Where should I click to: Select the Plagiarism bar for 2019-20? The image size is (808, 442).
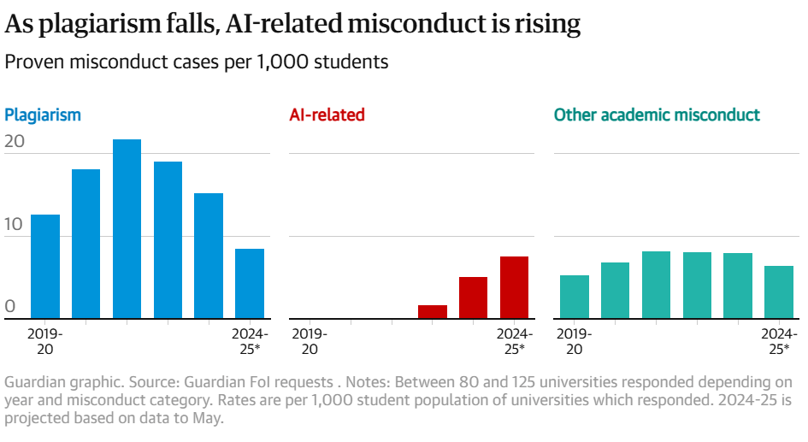point(45,267)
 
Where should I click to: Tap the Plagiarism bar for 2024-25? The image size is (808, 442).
point(250,284)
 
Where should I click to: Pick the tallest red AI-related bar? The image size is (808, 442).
point(514,288)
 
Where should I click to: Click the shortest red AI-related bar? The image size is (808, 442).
point(432,312)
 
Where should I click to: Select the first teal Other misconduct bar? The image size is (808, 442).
point(575,298)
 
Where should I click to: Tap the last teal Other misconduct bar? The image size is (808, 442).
point(779,292)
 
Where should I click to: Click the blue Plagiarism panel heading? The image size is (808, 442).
point(43,115)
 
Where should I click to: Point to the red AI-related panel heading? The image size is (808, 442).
point(327,115)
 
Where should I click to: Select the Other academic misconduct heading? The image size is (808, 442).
point(657,115)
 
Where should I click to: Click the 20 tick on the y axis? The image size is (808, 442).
point(15,142)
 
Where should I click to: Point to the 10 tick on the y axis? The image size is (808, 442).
point(15,224)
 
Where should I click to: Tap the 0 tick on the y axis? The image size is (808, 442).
point(10,307)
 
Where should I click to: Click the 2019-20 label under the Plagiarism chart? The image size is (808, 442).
point(45,341)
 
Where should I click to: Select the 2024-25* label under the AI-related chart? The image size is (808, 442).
point(514,341)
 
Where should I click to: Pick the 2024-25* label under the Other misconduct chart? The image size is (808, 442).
point(779,341)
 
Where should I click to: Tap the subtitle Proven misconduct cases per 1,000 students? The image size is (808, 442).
point(197,62)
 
